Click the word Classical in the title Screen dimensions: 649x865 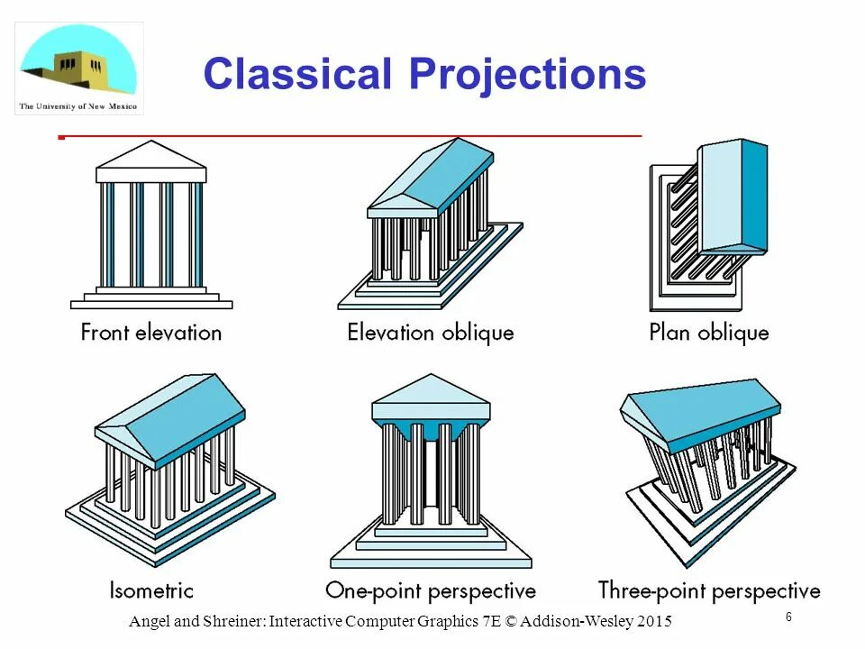(299, 74)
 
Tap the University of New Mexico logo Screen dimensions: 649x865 (78, 69)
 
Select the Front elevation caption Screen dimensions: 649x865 (150, 333)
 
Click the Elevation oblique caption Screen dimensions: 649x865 (430, 333)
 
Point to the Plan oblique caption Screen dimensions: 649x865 (709, 333)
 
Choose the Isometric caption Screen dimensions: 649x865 (150, 591)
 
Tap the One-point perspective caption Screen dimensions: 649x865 (430, 591)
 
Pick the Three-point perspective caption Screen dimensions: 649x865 (709, 591)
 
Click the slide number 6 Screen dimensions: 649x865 (788, 617)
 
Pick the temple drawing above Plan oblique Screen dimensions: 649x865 (707, 225)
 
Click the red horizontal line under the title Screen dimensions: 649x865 (351, 136)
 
